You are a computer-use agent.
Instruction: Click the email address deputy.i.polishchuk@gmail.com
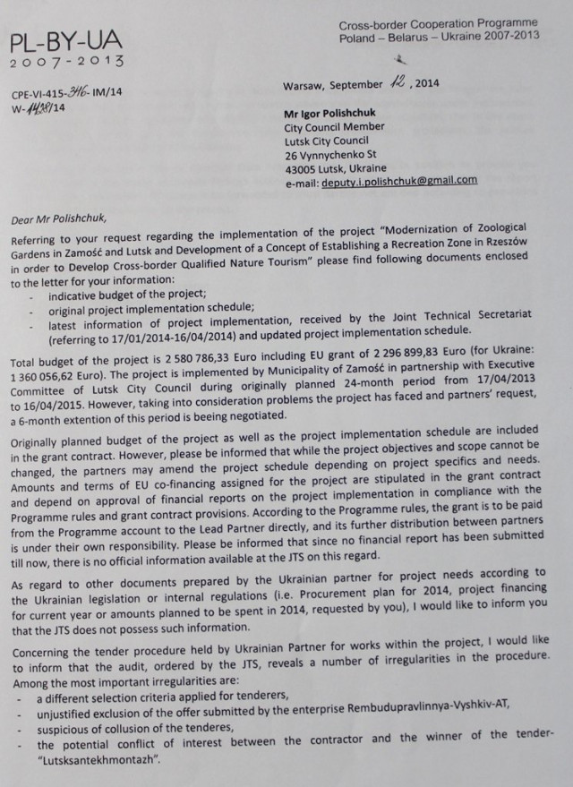[400, 179]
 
